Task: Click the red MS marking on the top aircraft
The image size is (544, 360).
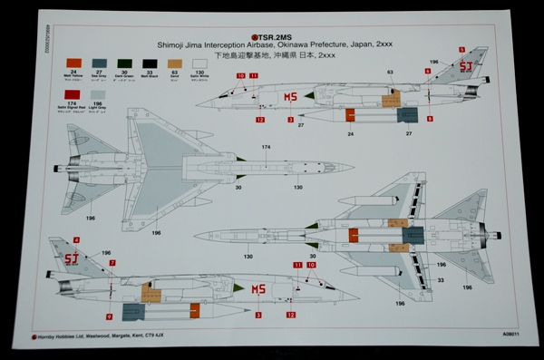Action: coord(291,97)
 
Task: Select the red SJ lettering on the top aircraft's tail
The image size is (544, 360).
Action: coord(467,65)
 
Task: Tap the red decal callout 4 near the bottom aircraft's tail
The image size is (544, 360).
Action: coord(76,239)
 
